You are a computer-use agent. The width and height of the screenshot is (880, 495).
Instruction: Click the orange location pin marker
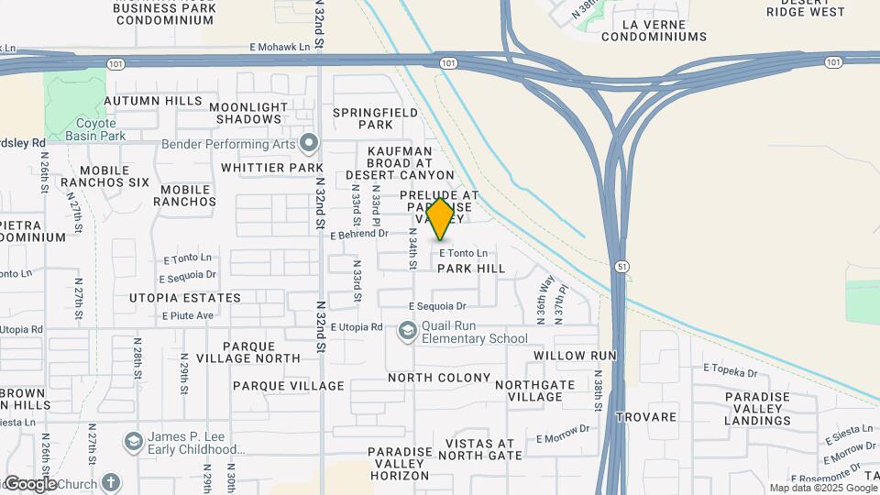441,218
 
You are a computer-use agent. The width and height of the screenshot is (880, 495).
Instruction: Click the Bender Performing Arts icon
309,143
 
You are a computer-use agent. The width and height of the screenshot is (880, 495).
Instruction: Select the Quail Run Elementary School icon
407,330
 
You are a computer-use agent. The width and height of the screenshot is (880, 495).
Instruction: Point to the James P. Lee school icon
134,443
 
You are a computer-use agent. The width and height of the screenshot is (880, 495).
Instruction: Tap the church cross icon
110,482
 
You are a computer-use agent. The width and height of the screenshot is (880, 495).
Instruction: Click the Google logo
29,484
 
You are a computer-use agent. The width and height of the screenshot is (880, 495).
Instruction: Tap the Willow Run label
575,355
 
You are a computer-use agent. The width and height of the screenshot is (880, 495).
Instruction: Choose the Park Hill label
471,269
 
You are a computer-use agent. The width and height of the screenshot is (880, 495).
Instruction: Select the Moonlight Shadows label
247,113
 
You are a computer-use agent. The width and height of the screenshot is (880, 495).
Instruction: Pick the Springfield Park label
375,118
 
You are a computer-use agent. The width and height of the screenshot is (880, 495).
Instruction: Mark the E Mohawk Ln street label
280,46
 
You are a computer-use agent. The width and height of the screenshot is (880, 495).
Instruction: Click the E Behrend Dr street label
366,234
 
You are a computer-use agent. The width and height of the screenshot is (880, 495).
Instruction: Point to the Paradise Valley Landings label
756,409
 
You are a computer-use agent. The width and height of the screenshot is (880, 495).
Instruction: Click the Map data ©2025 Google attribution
822,488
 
